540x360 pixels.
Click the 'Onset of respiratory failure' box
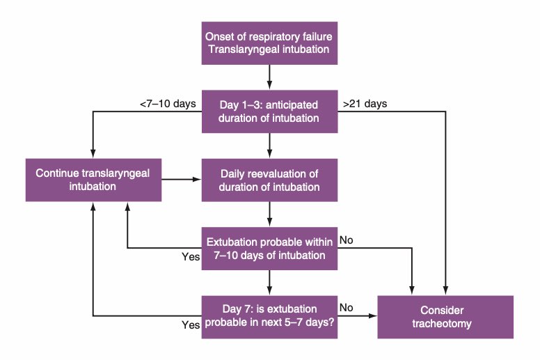(x=269, y=42)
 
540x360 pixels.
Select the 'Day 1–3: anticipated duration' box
(x=269, y=111)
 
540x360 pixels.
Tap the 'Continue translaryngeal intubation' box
(x=93, y=180)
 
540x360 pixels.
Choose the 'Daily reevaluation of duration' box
(x=269, y=180)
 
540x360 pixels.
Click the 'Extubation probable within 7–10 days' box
(x=269, y=248)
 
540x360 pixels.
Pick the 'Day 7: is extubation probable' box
(x=269, y=316)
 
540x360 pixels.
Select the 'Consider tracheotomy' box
(x=445, y=316)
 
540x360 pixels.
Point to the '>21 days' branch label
(x=365, y=104)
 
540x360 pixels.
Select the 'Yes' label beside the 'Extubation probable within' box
(x=191, y=256)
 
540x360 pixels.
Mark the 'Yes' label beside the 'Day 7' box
(x=191, y=324)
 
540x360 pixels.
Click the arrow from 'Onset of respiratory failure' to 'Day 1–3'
(x=269, y=77)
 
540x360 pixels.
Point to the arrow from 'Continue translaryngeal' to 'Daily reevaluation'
(x=182, y=180)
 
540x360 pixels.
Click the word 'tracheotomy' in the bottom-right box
(x=445, y=324)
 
